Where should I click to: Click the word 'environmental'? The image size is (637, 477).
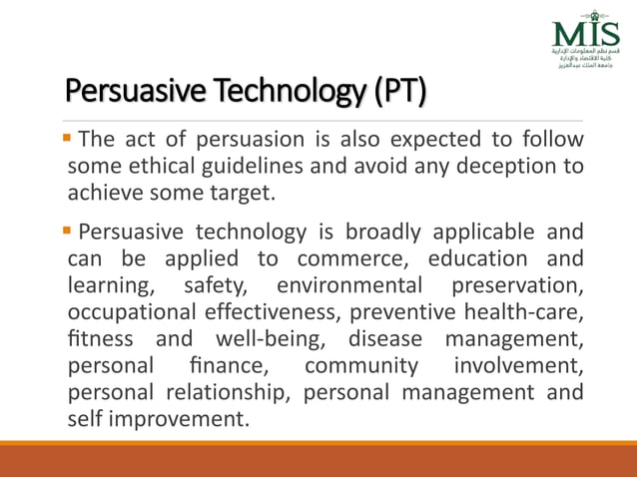pyautogui.click(x=341, y=285)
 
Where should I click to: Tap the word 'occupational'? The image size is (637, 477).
pyautogui.click(x=124, y=311)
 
